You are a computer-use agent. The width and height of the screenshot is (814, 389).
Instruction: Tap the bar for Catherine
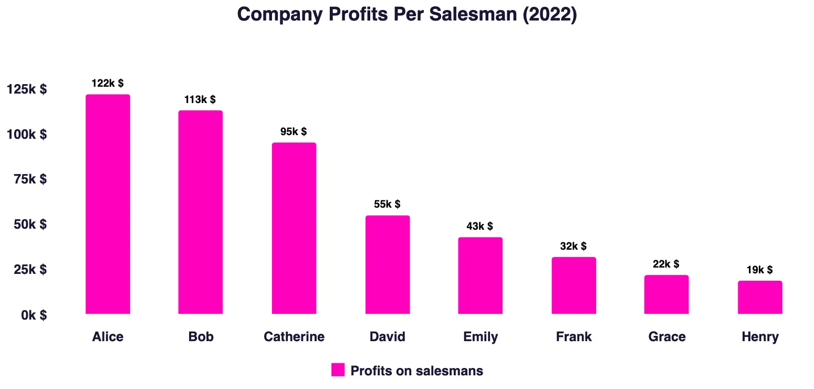294,228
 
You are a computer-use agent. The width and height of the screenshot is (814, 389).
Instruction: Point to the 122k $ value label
108,83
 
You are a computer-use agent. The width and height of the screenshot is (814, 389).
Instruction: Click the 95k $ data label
294,131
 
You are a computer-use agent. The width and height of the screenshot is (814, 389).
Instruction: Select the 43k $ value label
480,226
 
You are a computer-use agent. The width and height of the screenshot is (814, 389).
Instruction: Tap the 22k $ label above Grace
666,264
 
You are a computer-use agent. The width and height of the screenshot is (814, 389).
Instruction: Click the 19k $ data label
759,270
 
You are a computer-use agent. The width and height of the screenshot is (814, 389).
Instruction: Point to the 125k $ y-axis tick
27,89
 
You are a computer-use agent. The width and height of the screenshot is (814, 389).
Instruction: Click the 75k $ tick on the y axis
30,179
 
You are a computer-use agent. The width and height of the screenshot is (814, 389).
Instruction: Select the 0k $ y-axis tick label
34,315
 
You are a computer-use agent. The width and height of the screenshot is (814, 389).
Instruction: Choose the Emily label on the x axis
481,336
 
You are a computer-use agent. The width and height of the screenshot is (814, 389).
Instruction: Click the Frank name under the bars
573,336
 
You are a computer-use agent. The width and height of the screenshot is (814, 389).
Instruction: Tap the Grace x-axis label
667,336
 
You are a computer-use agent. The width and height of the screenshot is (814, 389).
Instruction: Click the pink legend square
338,370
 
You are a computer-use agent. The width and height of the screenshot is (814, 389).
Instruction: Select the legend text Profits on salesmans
416,371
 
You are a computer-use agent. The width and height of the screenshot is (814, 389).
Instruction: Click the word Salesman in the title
474,14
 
